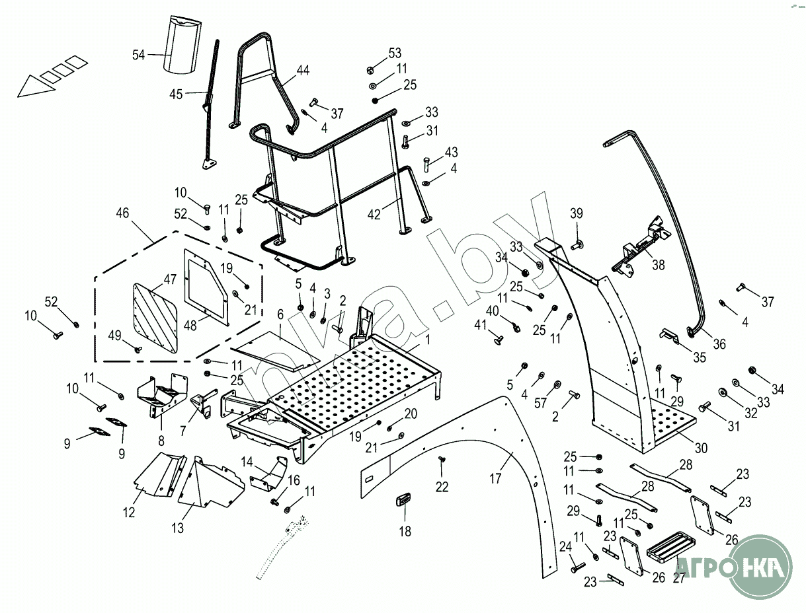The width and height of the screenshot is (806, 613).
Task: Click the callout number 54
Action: (138, 55)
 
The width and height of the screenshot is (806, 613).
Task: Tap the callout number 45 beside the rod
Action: (175, 94)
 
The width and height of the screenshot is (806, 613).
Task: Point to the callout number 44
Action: (303, 70)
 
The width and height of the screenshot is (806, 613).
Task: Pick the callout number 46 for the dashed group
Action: (122, 213)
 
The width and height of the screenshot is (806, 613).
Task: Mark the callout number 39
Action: (577, 213)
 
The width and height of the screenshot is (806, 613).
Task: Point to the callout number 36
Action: (719, 344)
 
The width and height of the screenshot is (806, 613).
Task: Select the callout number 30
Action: (701, 448)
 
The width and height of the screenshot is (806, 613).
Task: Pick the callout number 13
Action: (178, 528)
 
